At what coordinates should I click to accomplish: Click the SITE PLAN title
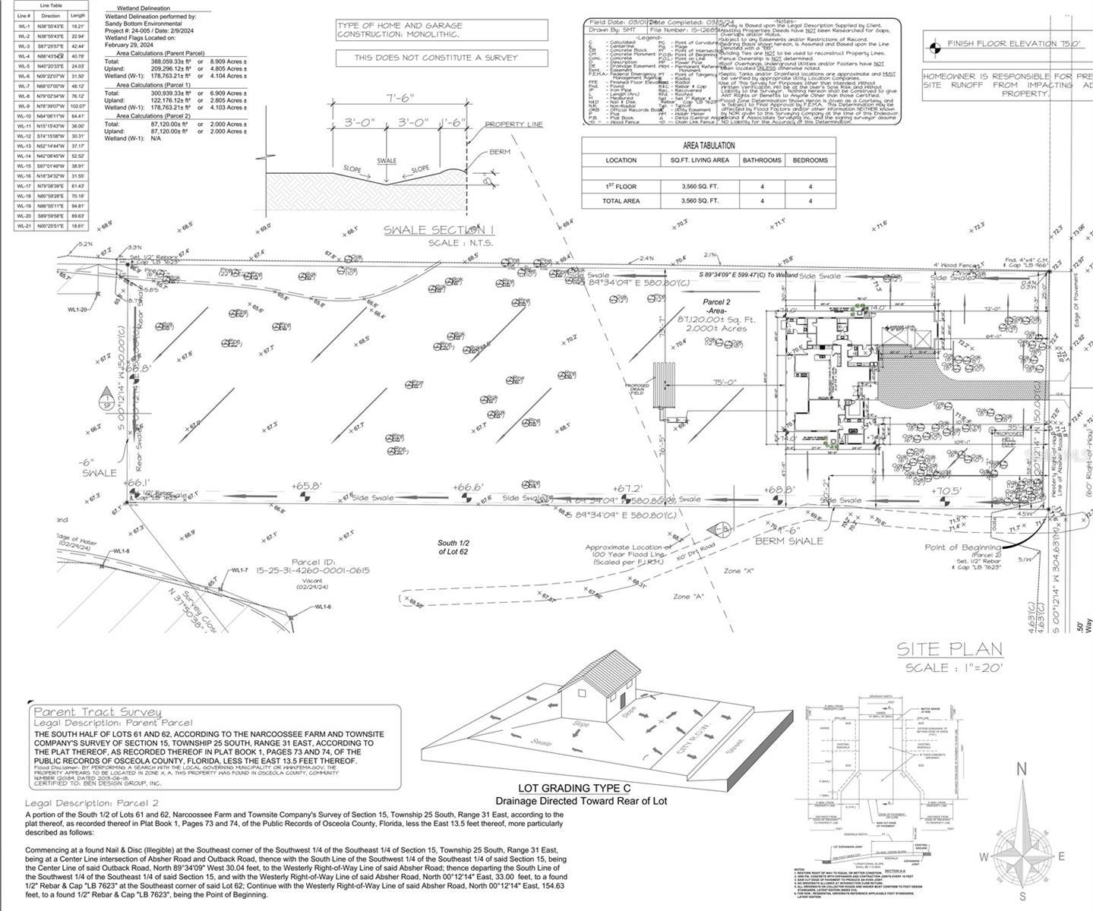(x=949, y=649)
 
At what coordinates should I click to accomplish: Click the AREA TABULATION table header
(x=708, y=145)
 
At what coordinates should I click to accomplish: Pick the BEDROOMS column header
(x=810, y=160)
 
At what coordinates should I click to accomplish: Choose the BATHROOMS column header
(x=762, y=160)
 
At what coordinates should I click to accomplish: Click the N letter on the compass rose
(x=1022, y=770)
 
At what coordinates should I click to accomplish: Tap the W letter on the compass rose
(x=982, y=857)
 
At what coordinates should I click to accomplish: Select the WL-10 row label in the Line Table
(x=24, y=116)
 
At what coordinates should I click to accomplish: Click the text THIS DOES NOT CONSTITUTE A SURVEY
(x=437, y=58)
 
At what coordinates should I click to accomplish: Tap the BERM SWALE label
(x=789, y=541)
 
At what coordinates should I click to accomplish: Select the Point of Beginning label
(x=962, y=547)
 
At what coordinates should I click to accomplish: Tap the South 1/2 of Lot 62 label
(x=457, y=547)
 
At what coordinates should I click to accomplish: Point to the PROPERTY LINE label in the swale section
(x=514, y=125)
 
